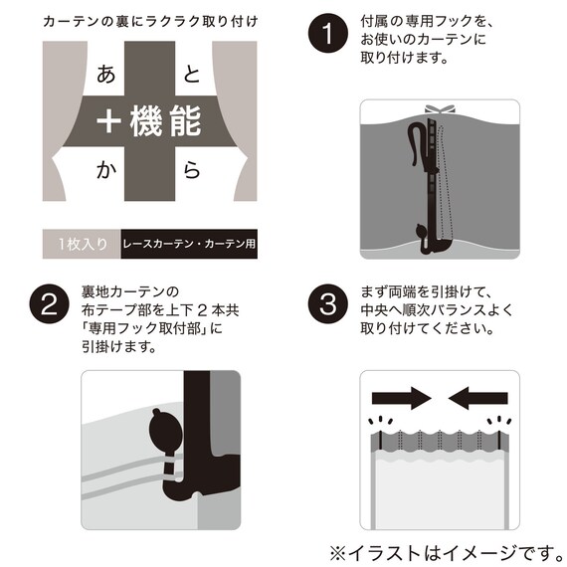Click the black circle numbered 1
pyautogui.click(x=327, y=33)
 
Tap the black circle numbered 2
pyautogui.click(x=49, y=304)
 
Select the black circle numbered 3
pyautogui.click(x=327, y=304)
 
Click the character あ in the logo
pyautogui.click(x=105, y=75)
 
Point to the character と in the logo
pyautogui.click(x=192, y=75)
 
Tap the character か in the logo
pyautogui.click(x=106, y=170)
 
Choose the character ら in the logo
pyautogui.click(x=192, y=170)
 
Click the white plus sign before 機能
pyautogui.click(x=108, y=121)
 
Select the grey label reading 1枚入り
pyautogui.click(x=82, y=244)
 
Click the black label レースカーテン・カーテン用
pyautogui.click(x=189, y=244)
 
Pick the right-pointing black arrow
pyautogui.click(x=402, y=399)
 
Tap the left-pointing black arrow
pyautogui.click(x=478, y=399)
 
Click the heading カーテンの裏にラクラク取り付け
pyautogui.click(x=150, y=22)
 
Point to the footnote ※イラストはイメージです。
pyautogui.click(x=447, y=552)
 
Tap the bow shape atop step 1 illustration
pyautogui.click(x=440, y=109)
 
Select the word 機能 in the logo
pyautogui.click(x=165, y=121)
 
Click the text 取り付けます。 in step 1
pyautogui.click(x=404, y=58)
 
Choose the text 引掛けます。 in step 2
pyautogui.click(x=119, y=347)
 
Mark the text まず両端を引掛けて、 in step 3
pyautogui.click(x=426, y=292)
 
